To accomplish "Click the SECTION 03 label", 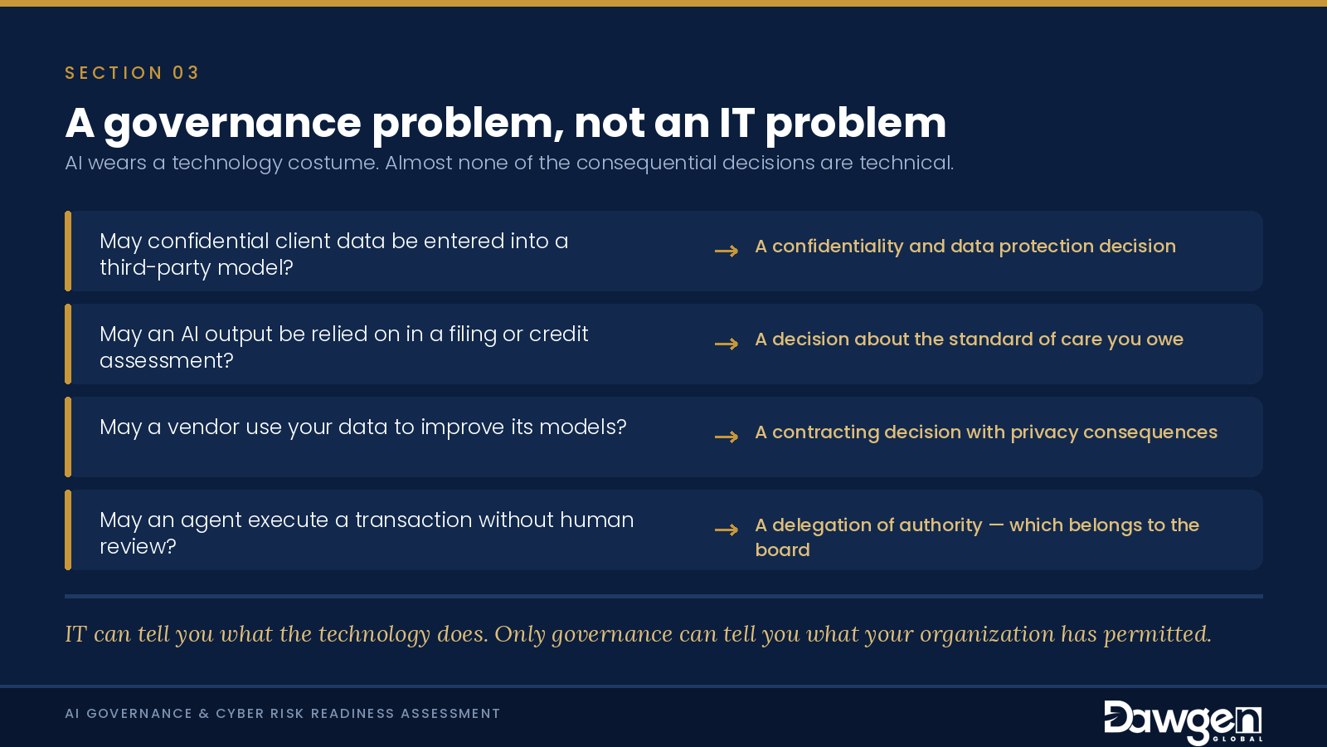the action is [x=132, y=73].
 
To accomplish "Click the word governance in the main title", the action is [x=232, y=124].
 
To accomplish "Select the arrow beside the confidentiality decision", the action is [x=727, y=251].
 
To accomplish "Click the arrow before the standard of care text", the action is [x=727, y=344].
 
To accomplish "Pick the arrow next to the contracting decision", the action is [x=727, y=437].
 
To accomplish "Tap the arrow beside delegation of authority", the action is [x=727, y=530].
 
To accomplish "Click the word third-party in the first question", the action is [x=155, y=268].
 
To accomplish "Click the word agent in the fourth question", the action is [x=211, y=520].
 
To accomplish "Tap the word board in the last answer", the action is [x=782, y=549].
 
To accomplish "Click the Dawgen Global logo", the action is [x=1183, y=721].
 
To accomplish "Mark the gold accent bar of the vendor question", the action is [x=68, y=437].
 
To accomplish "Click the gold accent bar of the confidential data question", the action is [x=68, y=251].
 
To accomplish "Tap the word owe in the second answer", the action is [x=1164, y=339].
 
